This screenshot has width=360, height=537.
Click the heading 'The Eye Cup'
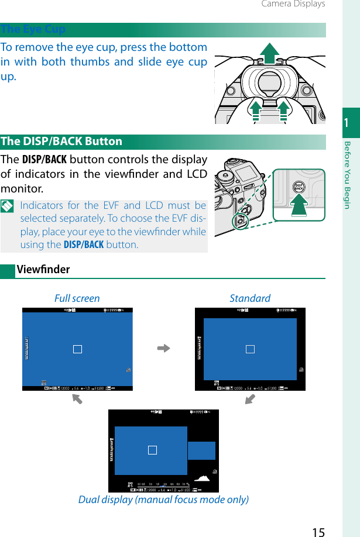pos(33,29)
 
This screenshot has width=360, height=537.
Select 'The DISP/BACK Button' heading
pos(61,142)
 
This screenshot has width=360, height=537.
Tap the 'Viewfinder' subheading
pos(43,270)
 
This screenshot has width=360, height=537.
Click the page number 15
pos(318,531)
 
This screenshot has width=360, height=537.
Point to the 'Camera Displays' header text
pos(293,4)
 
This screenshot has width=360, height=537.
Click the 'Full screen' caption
pos(77,298)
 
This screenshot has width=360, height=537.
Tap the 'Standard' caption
pos(250,298)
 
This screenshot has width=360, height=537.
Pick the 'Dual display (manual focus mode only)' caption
pos(163,500)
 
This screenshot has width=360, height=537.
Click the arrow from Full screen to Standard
pos(163,349)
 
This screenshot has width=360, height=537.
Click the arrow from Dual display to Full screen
pos(77,400)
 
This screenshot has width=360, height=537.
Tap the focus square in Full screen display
pos(77,349)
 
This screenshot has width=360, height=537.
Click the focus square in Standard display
pos(250,349)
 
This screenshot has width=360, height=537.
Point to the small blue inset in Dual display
pos(201,450)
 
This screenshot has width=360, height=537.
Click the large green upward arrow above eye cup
pos(269,53)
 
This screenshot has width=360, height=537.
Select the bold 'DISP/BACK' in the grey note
pos(84,245)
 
